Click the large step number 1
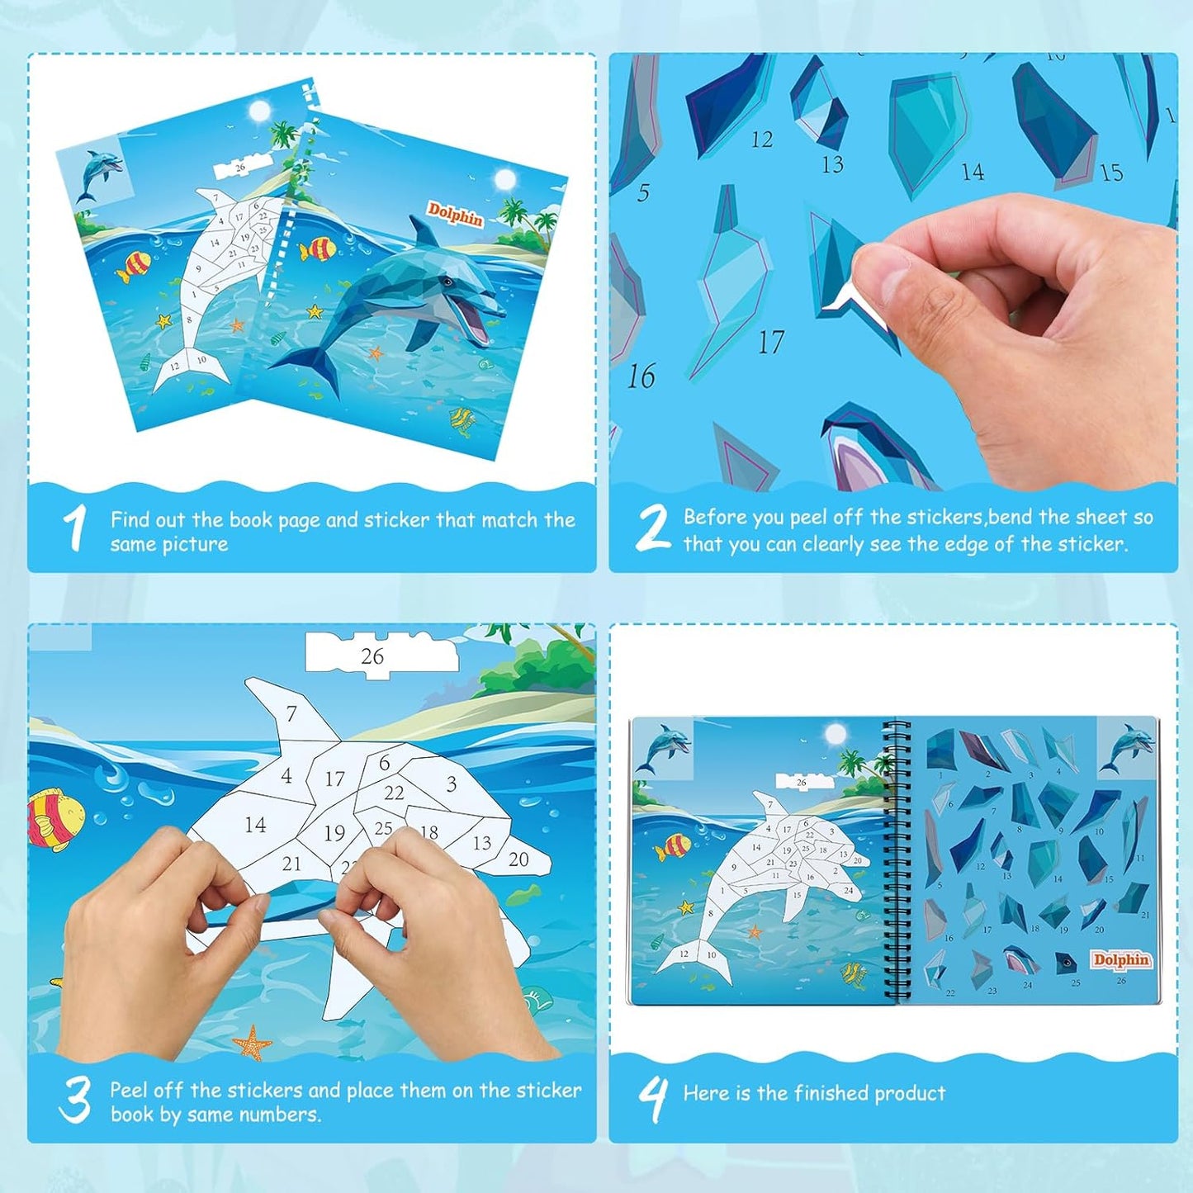click(x=75, y=528)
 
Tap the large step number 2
click(x=652, y=528)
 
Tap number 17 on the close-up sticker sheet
click(x=770, y=342)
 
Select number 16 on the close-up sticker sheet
click(x=641, y=376)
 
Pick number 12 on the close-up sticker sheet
click(x=761, y=140)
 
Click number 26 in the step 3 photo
click(x=372, y=656)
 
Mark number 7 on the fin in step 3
click(x=291, y=713)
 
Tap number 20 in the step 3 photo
click(x=518, y=859)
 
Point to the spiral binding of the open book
click(x=894, y=859)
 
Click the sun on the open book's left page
click(x=836, y=733)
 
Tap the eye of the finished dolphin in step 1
click(x=448, y=282)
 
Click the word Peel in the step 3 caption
click(x=130, y=1090)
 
